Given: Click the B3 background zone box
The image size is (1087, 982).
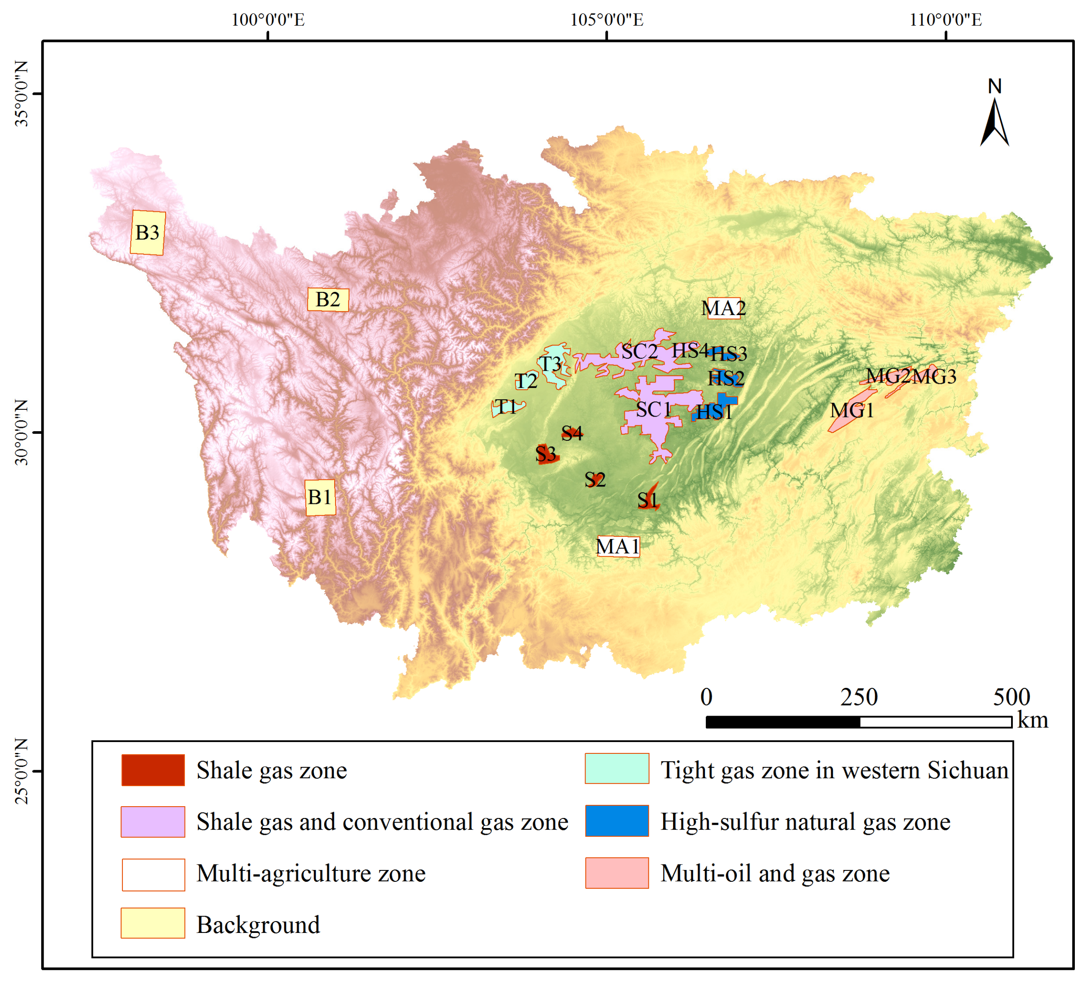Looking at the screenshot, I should click(148, 232).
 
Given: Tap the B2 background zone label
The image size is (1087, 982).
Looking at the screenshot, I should click(328, 299).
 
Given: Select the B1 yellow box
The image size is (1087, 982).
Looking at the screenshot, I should click(320, 497).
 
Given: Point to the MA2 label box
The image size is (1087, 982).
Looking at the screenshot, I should click(723, 308).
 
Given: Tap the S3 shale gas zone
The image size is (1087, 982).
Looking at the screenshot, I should click(546, 455).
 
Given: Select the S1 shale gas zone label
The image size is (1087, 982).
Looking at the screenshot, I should click(648, 500).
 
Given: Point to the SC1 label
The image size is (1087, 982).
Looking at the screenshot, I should click(653, 410).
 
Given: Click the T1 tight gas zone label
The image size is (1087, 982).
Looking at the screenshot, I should click(505, 407).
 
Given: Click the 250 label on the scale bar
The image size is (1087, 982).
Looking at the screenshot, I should click(859, 697).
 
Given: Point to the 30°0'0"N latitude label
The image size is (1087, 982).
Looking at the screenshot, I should click(21, 432).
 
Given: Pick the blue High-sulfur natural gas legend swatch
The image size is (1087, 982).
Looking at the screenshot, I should click(617, 821).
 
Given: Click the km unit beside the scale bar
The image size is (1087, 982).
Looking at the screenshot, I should click(1032, 721).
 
